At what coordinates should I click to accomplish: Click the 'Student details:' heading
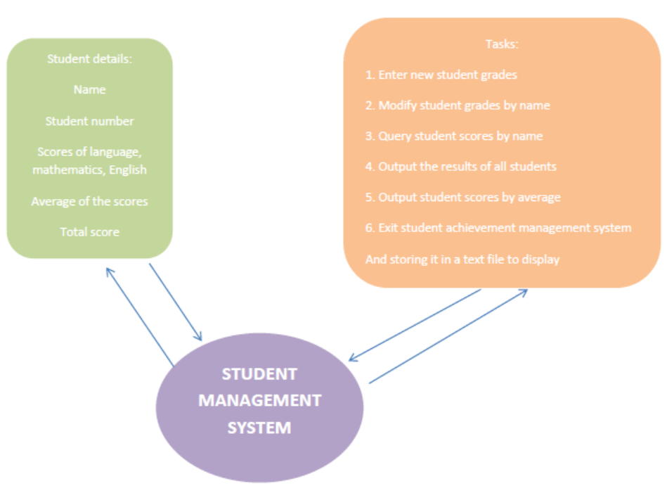click(x=89, y=59)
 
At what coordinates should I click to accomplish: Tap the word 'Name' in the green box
click(x=89, y=90)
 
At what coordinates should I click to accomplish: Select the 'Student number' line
click(x=89, y=121)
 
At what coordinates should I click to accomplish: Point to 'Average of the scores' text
click(x=89, y=201)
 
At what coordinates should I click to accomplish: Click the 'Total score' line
click(x=89, y=232)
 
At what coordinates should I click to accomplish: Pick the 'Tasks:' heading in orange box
click(x=502, y=44)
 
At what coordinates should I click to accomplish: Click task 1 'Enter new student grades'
click(x=441, y=75)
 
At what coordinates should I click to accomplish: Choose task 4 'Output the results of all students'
click(x=460, y=167)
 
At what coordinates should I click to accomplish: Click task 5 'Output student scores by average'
click(x=462, y=198)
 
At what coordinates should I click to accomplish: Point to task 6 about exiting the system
click(x=498, y=228)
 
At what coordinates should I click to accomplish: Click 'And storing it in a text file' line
click(x=462, y=259)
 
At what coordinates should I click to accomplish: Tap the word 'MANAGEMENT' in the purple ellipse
click(x=259, y=401)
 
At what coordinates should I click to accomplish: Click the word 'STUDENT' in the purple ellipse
click(x=259, y=374)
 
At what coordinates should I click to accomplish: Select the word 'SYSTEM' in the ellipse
click(x=259, y=428)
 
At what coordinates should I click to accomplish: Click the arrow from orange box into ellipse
click(x=415, y=325)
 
